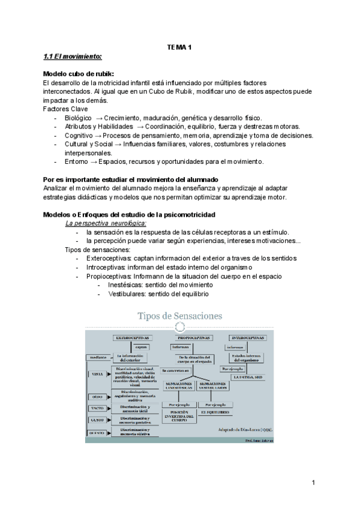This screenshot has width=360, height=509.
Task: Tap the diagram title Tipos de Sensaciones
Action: (180, 315)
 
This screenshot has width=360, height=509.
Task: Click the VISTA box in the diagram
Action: (98, 374)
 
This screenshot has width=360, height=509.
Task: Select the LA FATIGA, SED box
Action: (248, 376)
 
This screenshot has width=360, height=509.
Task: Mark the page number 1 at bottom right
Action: (313, 483)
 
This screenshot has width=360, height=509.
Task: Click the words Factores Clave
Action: (65, 109)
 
